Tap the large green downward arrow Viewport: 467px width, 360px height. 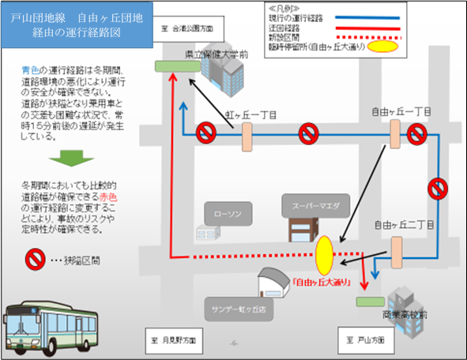(56, 158)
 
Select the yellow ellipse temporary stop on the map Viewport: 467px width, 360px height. (325, 254)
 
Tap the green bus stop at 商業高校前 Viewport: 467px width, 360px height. (367, 302)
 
